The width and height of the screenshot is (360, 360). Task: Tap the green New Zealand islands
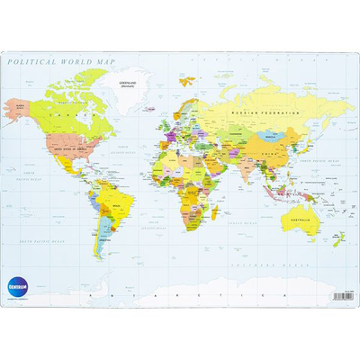click(340, 239)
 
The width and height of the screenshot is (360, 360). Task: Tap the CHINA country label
click(270, 153)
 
